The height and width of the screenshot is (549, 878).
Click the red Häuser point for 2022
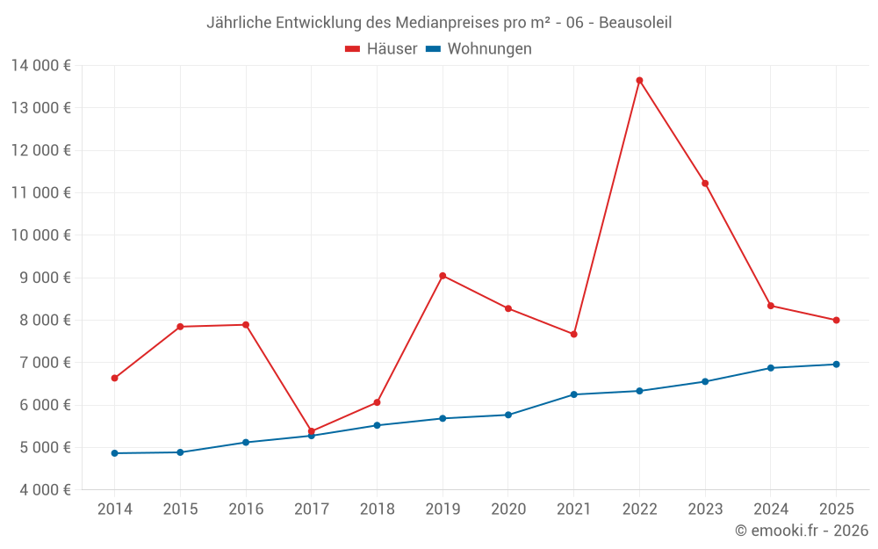point(639,80)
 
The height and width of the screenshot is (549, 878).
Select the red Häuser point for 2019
point(443,276)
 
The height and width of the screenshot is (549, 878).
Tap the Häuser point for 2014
point(114,378)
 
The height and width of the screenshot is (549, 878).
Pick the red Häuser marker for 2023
point(705,183)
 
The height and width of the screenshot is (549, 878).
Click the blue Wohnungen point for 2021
point(573,394)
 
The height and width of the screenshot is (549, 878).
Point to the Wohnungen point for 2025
point(836,364)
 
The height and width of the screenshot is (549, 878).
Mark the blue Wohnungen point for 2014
point(114,453)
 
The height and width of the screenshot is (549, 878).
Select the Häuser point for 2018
point(377,402)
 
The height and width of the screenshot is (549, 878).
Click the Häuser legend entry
point(381,49)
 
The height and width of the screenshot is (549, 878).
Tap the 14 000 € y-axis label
point(41,65)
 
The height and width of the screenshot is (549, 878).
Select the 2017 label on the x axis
point(311,509)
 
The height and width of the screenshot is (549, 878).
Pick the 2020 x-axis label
point(508,509)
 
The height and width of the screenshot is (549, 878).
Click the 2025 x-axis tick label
point(836,509)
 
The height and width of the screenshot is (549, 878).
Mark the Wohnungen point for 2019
point(443,418)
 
